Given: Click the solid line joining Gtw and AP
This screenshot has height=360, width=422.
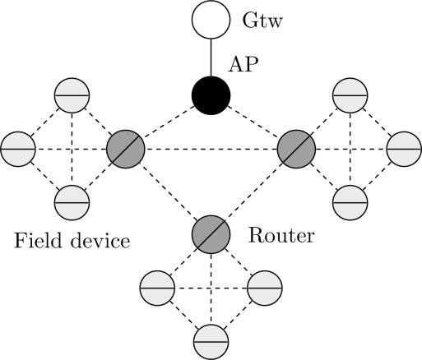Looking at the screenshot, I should (211, 58).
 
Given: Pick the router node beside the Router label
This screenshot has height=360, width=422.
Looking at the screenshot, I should (211, 233).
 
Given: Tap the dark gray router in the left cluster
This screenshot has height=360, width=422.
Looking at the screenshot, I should (126, 149).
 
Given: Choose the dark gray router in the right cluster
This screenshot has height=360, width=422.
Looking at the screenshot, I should (295, 149).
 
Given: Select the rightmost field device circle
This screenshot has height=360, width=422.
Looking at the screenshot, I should (402, 149).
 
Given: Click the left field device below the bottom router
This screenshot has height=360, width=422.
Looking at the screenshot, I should (156, 287).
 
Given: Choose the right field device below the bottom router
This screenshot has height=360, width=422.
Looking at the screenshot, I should (264, 287).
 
